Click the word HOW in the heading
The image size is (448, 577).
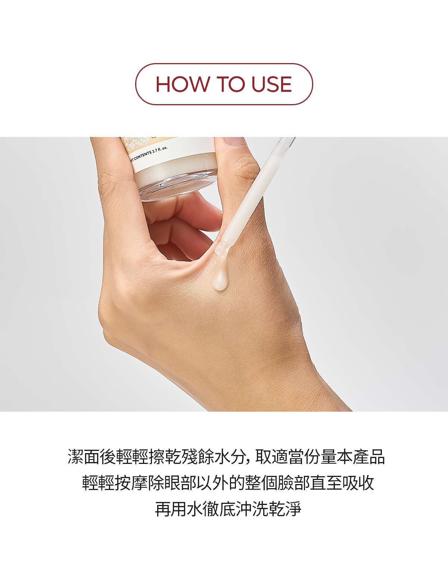(x=183, y=84)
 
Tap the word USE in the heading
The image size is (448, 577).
(x=272, y=84)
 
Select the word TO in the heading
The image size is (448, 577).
(x=230, y=84)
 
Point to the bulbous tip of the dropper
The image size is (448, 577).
(x=221, y=249)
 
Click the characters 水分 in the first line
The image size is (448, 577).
(x=230, y=457)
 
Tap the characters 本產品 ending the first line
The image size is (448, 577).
(x=360, y=457)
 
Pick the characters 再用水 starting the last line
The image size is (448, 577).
(x=179, y=509)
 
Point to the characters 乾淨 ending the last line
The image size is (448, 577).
(x=285, y=509)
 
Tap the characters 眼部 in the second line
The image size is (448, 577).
(x=180, y=483)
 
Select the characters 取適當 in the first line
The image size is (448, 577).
(x=279, y=457)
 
